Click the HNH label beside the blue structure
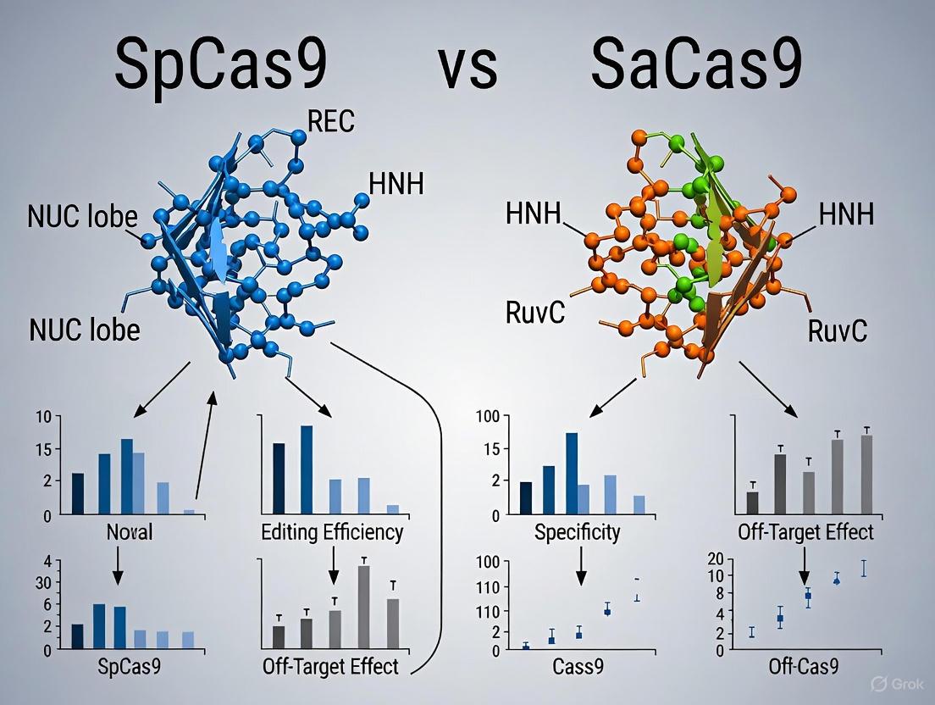[396, 183]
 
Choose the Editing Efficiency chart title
[332, 533]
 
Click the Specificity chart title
[578, 533]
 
